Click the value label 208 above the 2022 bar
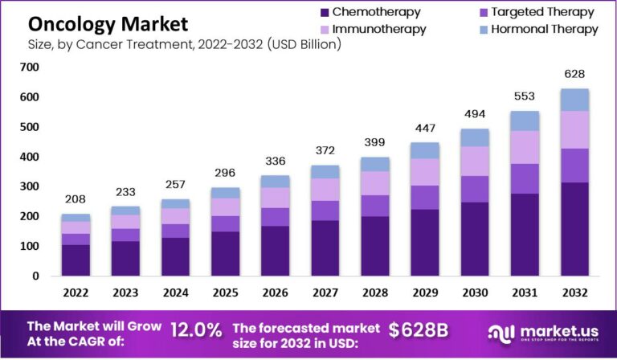(x=76, y=199)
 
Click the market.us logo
(x=545, y=333)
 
